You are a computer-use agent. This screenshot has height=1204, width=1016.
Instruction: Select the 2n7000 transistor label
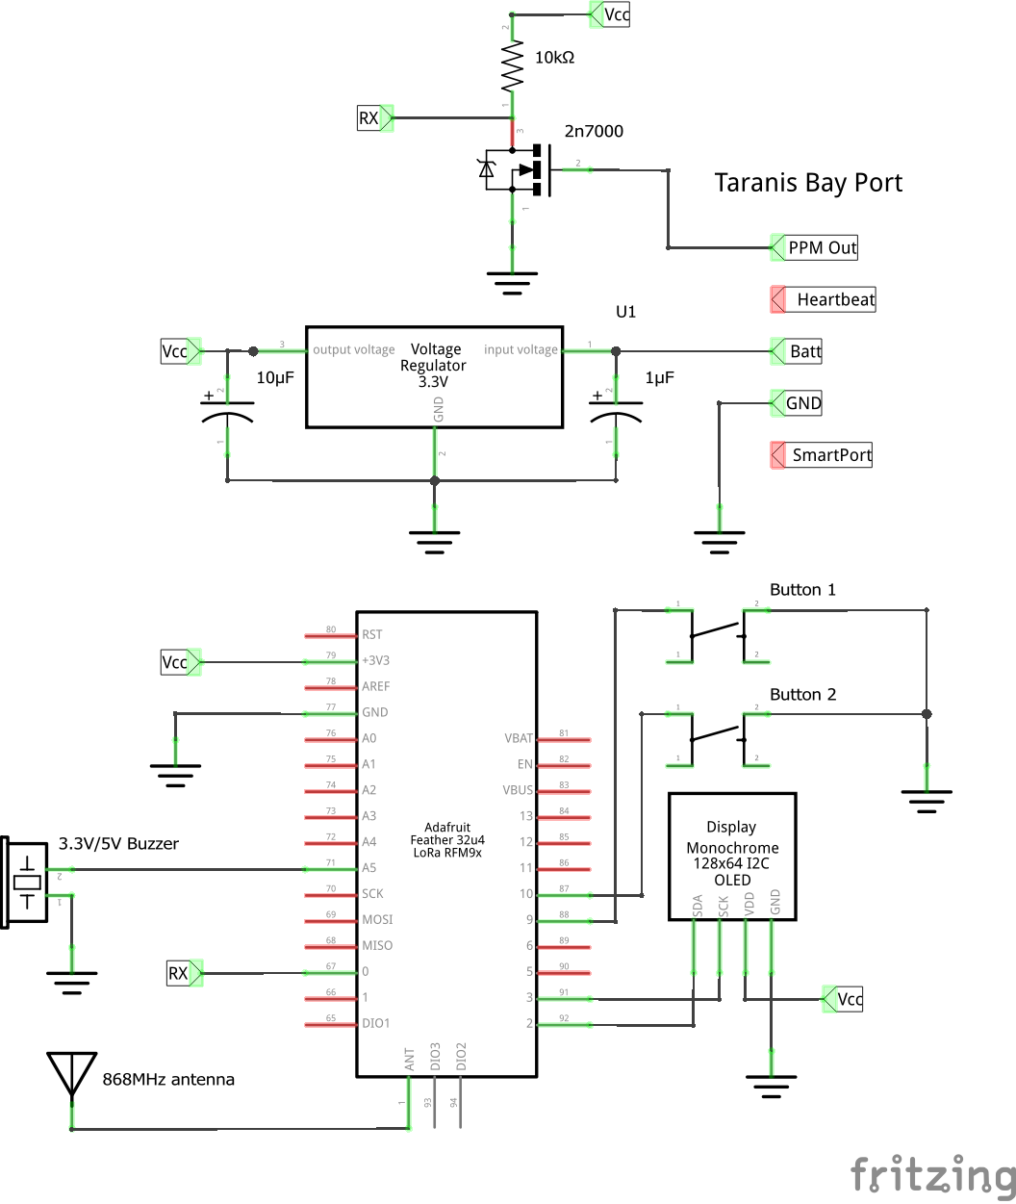(594, 131)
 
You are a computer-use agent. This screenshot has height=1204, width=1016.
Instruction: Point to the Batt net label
(804, 351)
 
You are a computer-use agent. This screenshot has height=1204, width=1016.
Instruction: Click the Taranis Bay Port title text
(808, 183)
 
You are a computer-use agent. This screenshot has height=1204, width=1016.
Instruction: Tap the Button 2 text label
(802, 694)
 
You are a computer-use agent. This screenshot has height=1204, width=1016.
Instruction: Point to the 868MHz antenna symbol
(70, 1074)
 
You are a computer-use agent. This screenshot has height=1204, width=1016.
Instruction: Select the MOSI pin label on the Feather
(377, 919)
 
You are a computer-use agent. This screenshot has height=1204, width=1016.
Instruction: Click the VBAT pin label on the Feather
(518, 738)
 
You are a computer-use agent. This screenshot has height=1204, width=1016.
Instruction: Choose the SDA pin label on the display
(697, 905)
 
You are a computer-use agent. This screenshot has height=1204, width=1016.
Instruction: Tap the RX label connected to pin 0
(178, 973)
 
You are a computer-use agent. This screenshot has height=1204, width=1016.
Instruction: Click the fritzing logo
(931, 1175)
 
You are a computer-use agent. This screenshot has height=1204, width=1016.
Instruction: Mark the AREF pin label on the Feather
(376, 686)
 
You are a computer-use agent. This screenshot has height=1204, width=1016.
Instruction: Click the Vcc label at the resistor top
(616, 14)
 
